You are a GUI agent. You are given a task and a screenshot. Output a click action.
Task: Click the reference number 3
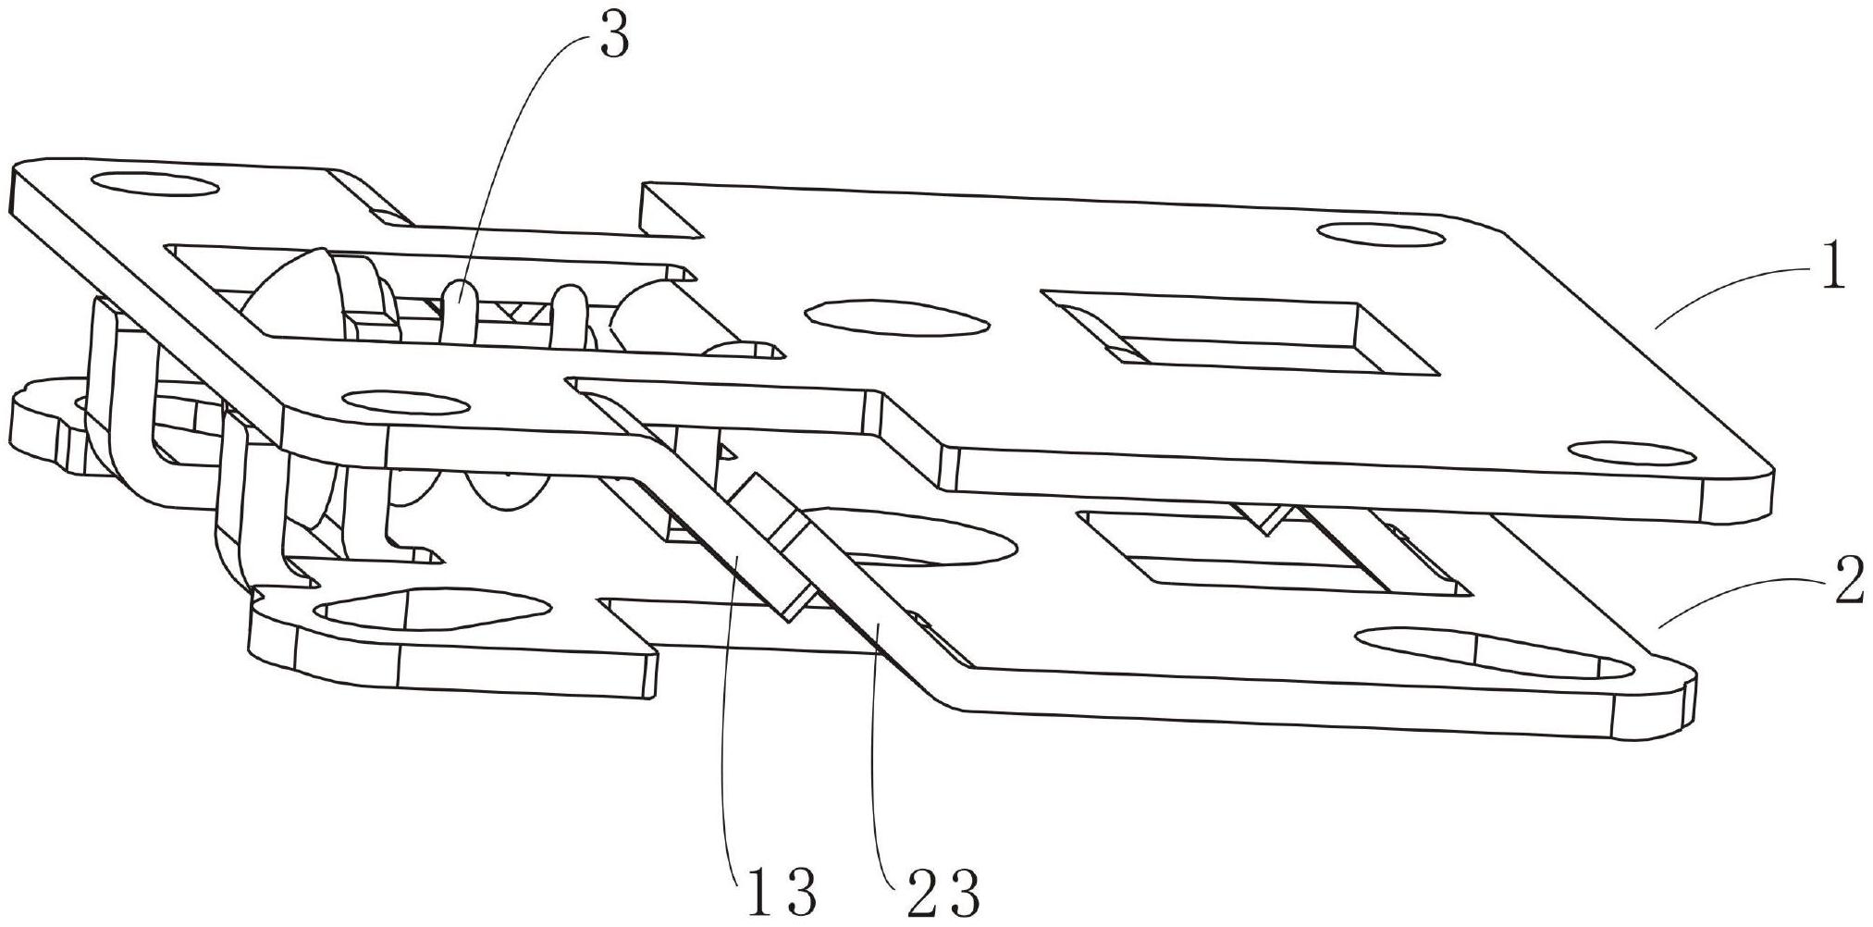614,37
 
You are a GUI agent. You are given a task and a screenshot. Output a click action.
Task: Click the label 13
777,893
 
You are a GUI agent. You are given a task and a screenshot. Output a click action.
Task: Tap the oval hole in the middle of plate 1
893,317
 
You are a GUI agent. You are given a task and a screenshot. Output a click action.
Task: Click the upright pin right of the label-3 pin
569,314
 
